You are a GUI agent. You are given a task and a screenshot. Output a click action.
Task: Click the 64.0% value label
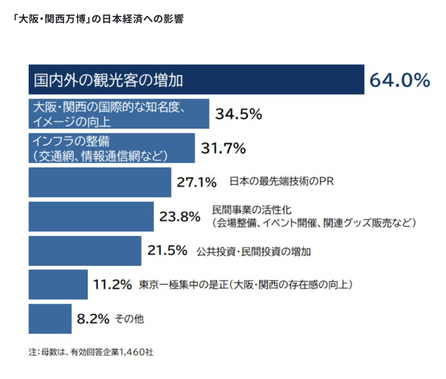(400, 80)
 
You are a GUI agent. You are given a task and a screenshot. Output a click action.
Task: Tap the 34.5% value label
(239, 114)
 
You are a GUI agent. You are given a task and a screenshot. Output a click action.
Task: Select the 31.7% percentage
(223, 149)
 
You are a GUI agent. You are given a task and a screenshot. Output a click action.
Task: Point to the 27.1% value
(197, 182)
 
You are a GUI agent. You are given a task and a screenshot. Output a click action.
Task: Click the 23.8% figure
(180, 216)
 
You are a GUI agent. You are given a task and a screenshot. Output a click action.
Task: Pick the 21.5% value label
(167, 251)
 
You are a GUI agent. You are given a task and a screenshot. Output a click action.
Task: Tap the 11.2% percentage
(112, 285)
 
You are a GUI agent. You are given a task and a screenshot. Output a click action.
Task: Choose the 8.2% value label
(93, 319)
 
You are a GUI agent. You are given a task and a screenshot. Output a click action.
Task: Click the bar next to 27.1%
(100, 182)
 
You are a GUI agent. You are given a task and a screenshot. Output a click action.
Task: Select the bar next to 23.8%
(91, 216)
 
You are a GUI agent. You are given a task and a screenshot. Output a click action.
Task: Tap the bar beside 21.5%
(85, 251)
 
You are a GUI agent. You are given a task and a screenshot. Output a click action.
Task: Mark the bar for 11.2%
(58, 285)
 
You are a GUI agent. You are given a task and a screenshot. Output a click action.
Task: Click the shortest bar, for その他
(50, 319)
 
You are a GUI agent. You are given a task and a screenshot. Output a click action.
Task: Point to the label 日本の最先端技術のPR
(281, 182)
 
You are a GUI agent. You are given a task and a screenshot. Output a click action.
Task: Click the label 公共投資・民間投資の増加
(253, 252)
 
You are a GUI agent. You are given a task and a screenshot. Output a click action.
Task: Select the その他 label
(129, 319)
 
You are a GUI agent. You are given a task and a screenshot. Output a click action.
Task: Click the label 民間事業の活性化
(252, 210)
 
